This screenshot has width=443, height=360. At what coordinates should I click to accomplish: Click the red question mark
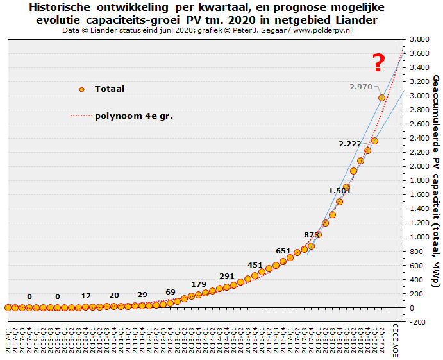point(379,63)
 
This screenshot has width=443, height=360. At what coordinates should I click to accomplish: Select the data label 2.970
point(360,87)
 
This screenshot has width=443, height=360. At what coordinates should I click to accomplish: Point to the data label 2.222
point(350,144)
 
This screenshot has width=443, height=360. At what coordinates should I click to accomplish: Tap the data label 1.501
point(339,191)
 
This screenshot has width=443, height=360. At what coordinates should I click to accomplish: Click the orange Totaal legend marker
point(81,89)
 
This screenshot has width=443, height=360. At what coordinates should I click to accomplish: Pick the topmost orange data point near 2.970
point(382,98)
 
